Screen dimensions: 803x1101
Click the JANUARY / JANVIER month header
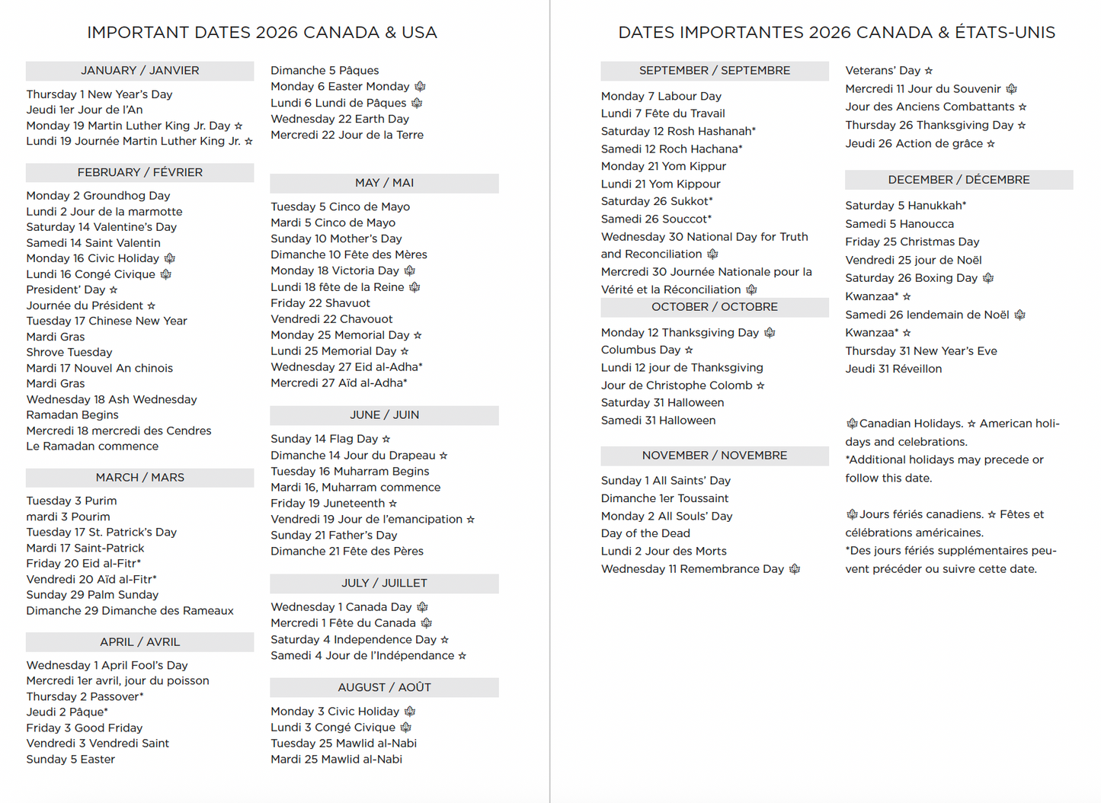click(x=140, y=71)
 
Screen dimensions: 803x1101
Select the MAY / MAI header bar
click(x=384, y=183)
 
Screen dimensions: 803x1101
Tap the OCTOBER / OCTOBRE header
click(x=714, y=307)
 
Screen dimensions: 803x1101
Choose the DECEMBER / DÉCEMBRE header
click(x=959, y=180)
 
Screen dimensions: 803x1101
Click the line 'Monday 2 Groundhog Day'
click(x=98, y=196)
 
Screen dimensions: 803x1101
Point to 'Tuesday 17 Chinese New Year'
click(x=107, y=321)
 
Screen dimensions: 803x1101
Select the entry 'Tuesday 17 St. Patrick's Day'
click(x=101, y=532)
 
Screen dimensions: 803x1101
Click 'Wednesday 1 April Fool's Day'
click(x=107, y=665)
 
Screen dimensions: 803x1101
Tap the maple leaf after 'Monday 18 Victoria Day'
click(x=410, y=270)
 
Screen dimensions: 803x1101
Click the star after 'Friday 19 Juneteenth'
click(x=393, y=504)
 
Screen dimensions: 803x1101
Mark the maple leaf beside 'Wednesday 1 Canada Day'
click(x=422, y=607)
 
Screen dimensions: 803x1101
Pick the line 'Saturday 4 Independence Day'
click(x=354, y=639)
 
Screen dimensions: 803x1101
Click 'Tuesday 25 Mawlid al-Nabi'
click(x=344, y=743)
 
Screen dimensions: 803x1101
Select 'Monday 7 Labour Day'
click(x=661, y=96)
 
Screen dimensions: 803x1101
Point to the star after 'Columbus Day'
click(x=689, y=350)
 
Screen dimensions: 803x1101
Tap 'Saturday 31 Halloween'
click(x=662, y=402)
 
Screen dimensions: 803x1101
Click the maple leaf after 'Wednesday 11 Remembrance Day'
click(x=795, y=569)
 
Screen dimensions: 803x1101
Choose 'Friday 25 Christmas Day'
click(x=912, y=242)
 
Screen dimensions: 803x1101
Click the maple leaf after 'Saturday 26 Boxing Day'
click(x=988, y=278)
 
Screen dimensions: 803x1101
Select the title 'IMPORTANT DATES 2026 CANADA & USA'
click(x=262, y=33)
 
